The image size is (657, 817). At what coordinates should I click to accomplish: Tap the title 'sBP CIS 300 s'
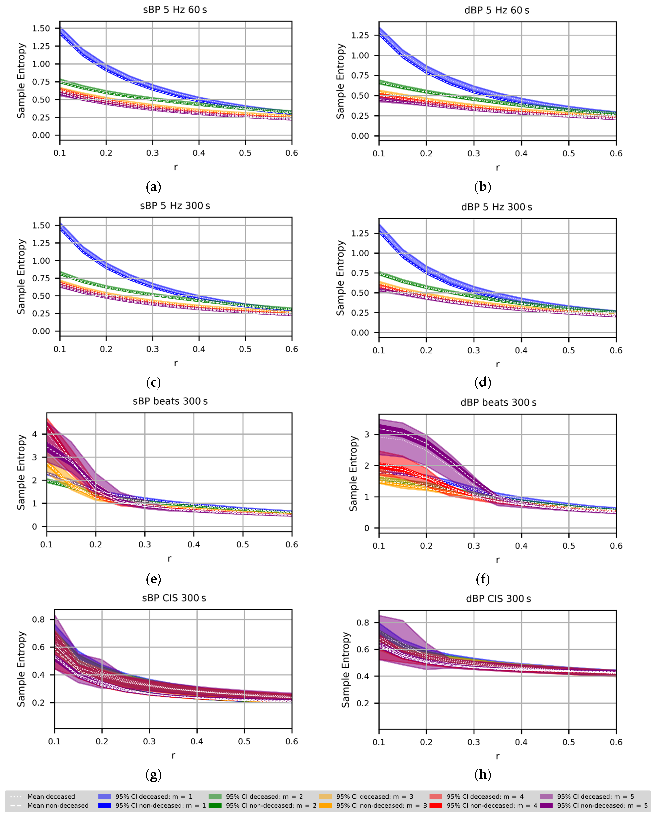[174, 598]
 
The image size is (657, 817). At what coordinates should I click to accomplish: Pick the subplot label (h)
[483, 775]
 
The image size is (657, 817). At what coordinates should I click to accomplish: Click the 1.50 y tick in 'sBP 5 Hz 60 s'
[41, 28]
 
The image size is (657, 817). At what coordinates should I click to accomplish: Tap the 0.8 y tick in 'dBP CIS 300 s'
[363, 623]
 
